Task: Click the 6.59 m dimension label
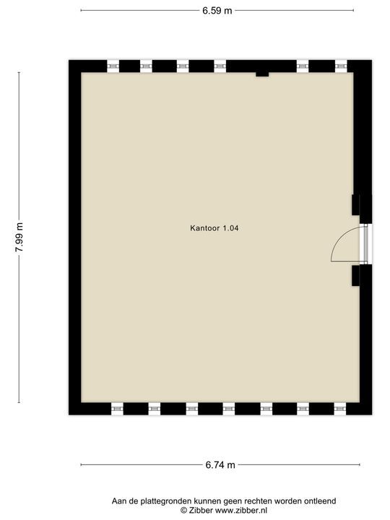(217, 11)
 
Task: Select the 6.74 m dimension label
(220, 465)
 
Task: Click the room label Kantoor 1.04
(214, 228)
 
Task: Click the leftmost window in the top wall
(113, 66)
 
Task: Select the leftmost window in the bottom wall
(117, 409)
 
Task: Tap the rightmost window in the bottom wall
(339, 409)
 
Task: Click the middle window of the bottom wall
(228, 409)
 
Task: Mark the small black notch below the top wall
(262, 74)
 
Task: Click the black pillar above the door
(356, 204)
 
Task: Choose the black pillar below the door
(356, 275)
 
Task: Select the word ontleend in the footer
(318, 500)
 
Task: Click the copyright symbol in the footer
(183, 510)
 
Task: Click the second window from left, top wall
(147, 66)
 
